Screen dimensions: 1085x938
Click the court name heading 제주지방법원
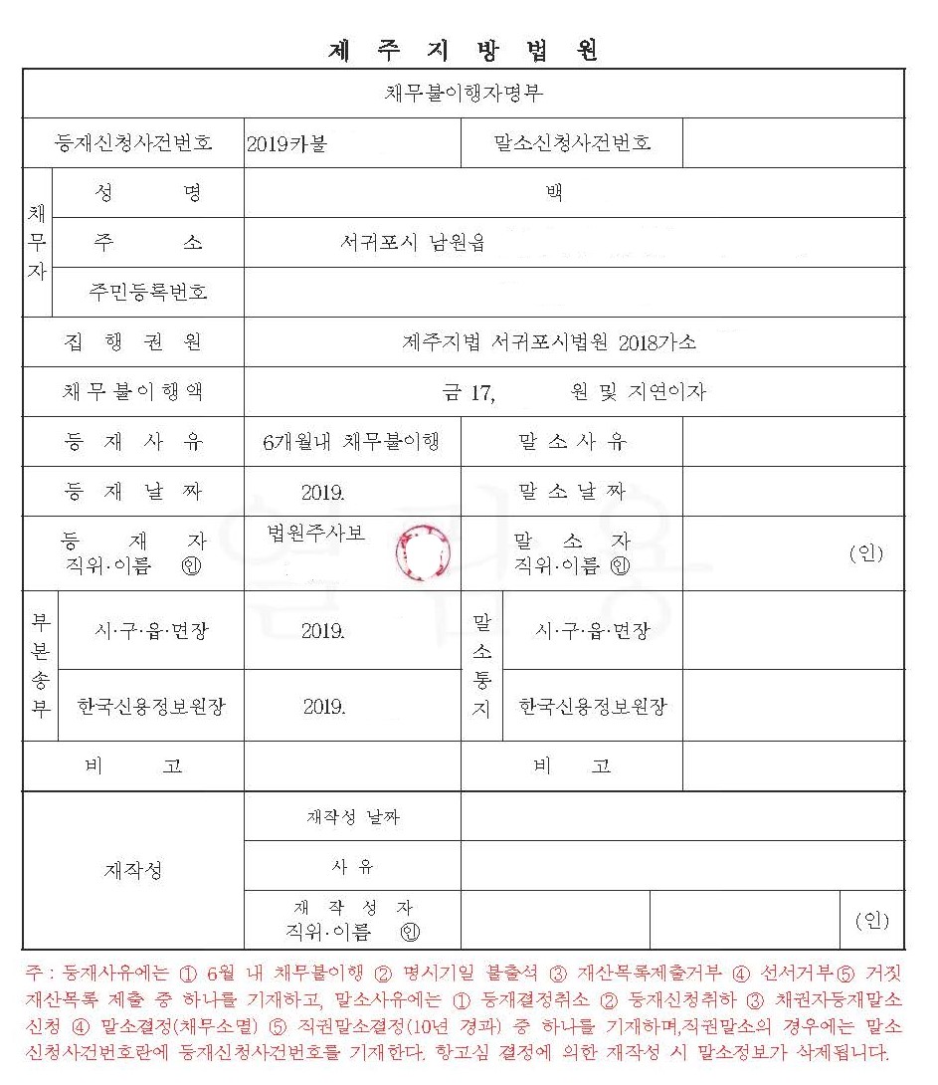pos(464,51)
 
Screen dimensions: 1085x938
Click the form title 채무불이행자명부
pos(464,94)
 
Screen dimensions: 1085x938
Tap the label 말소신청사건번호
pos(572,143)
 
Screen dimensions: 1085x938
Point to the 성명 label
pos(151,193)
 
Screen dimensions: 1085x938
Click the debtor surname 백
pos(554,193)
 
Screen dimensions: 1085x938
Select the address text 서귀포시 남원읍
pos(412,242)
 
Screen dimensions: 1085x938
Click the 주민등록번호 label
pos(148,292)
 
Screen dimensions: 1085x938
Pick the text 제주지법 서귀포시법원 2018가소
pos(548,342)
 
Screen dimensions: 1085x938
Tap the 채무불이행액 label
pos(132,391)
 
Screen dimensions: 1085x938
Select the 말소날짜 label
pos(572,491)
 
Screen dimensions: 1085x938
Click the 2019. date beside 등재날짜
pos(322,492)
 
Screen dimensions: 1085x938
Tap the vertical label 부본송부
pos(40,666)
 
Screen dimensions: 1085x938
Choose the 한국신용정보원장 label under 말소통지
pos(592,707)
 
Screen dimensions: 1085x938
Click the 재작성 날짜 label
pos(353,817)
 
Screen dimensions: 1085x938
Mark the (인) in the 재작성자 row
pos(872,921)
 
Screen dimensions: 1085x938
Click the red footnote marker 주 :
pos(40,972)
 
